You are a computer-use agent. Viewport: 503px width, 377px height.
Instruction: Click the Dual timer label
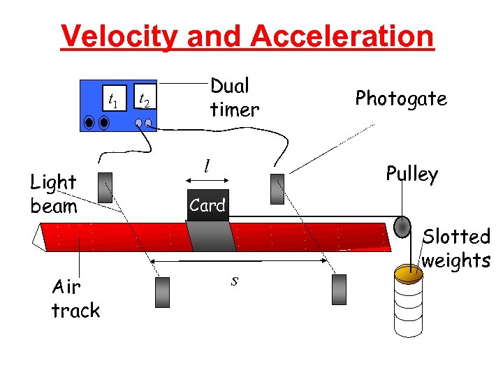click(x=234, y=97)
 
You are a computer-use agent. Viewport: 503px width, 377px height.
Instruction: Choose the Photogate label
click(x=400, y=98)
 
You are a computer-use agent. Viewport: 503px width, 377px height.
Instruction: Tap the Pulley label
click(x=411, y=174)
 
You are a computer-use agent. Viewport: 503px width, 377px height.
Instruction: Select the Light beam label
click(x=54, y=194)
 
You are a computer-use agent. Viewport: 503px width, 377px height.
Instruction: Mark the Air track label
click(x=75, y=299)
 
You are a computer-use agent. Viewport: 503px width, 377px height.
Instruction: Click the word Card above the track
click(x=207, y=206)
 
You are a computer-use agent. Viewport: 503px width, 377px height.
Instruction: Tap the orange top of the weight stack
click(x=408, y=273)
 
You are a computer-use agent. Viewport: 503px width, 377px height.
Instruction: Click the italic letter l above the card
click(x=207, y=165)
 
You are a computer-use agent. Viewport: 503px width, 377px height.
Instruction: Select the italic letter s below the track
click(x=235, y=280)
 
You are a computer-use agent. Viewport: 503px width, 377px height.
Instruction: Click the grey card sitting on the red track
click(x=211, y=237)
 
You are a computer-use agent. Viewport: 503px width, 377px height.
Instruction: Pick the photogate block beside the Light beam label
click(x=106, y=188)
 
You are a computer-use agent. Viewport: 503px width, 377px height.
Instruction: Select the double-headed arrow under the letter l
click(x=207, y=180)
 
